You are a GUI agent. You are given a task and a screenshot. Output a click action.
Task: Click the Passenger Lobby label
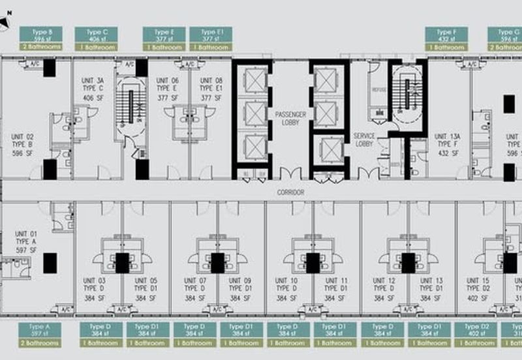pos(290,119)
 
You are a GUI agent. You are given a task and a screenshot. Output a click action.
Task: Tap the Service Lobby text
pos(364,140)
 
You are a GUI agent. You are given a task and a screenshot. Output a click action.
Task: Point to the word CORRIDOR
pos(290,193)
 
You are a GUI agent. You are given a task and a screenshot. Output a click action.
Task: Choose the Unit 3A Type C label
pos(93,89)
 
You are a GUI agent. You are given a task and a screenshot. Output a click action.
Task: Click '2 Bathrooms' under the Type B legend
pos(40,48)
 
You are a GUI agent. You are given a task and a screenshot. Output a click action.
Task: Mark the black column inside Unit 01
pos(50,263)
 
